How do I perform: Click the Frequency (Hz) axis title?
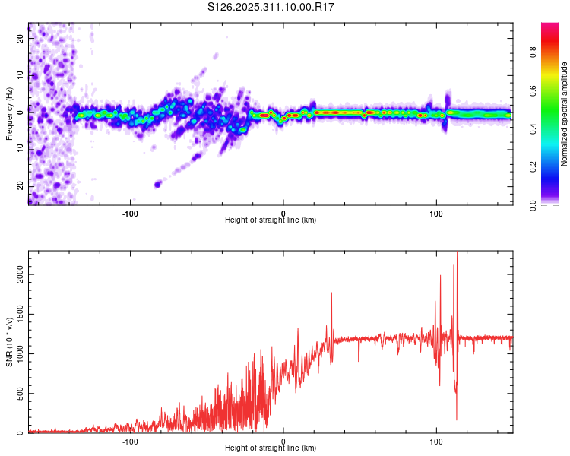[x=9, y=112]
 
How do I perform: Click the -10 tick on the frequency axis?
[x=20, y=149]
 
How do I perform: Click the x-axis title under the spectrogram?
[x=271, y=220]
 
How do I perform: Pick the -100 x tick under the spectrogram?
[x=129, y=213]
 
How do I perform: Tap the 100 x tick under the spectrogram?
[x=436, y=213]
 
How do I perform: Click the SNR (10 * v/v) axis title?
[x=9, y=341]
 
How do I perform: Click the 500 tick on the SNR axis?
[x=17, y=394]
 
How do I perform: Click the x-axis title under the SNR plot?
[x=271, y=449]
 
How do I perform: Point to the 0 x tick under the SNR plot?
[x=283, y=441]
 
